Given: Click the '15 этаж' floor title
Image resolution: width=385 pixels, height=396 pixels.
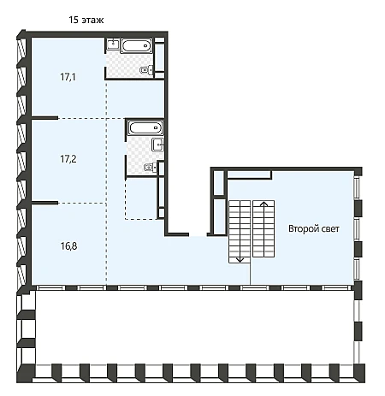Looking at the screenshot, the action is coord(86,20).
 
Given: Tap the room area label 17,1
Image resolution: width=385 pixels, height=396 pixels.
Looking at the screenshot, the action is coord(68,77).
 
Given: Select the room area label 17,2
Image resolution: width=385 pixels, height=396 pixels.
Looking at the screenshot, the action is coord(68,159).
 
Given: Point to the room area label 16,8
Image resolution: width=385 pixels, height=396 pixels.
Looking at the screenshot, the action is coord(68,245).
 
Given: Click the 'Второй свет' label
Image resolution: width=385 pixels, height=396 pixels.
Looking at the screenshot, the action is coord(314,228).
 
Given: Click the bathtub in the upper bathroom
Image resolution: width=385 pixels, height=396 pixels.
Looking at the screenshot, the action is coord(136,45).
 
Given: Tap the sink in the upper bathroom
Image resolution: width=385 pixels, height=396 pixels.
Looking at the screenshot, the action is coord(113,44).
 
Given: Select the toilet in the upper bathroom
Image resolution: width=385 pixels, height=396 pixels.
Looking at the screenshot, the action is coord(146,70).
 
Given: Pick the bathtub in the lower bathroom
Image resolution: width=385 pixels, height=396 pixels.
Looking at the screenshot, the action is coord(145,127).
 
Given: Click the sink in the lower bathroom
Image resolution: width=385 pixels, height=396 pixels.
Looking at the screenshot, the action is coord(157,145).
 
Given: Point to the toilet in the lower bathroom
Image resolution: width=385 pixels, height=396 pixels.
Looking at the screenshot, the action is coord(151,168).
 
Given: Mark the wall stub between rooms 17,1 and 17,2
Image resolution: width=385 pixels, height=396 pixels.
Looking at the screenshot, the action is coord(44,118).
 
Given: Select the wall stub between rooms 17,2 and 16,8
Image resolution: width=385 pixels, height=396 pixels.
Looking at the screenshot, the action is coord(44,203).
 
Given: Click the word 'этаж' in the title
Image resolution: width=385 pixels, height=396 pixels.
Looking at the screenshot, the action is coord(92,21).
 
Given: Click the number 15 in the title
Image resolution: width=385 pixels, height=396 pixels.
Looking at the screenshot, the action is coord(74,20).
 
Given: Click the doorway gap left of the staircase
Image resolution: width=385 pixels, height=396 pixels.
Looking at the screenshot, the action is coord(198,234).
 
